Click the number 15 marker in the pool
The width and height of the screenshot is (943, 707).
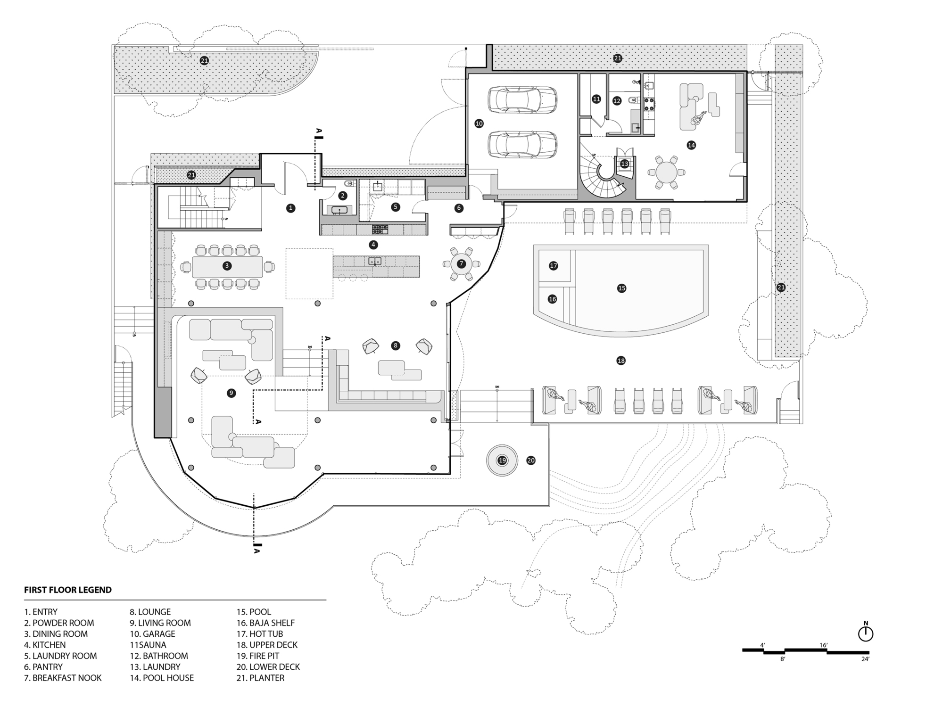tap(621, 288)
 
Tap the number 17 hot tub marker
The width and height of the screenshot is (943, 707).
tap(554, 266)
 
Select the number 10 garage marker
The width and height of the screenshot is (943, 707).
tap(479, 123)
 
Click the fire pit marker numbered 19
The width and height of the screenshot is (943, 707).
tap(502, 460)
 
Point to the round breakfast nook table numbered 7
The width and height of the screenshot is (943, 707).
tap(461, 264)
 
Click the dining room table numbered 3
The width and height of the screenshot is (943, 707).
tap(227, 266)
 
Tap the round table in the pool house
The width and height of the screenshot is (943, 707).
tap(665, 172)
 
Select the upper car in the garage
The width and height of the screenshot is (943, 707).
tap(522, 100)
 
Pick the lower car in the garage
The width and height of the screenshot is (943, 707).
tap(522, 145)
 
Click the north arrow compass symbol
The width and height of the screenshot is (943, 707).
tap(866, 632)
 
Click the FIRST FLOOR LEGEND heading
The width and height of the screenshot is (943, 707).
tap(68, 590)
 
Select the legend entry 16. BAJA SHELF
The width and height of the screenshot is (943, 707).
tap(265, 623)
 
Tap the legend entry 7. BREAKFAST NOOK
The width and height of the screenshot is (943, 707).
tap(63, 678)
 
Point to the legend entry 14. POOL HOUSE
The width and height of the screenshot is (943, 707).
tap(162, 678)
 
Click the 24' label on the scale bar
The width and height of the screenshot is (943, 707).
tap(865, 659)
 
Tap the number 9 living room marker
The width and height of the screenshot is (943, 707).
tap(231, 393)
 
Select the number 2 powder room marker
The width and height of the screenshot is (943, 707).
tap(343, 196)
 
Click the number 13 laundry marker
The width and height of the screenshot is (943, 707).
tap(625, 164)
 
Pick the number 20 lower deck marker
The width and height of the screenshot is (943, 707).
tap(531, 460)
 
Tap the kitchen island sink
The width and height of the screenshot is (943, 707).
tap(375, 261)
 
